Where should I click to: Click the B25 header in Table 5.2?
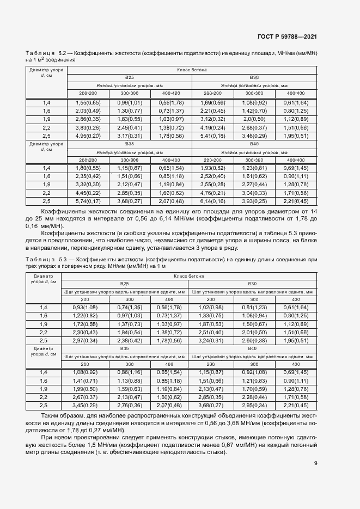coord(129,78)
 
